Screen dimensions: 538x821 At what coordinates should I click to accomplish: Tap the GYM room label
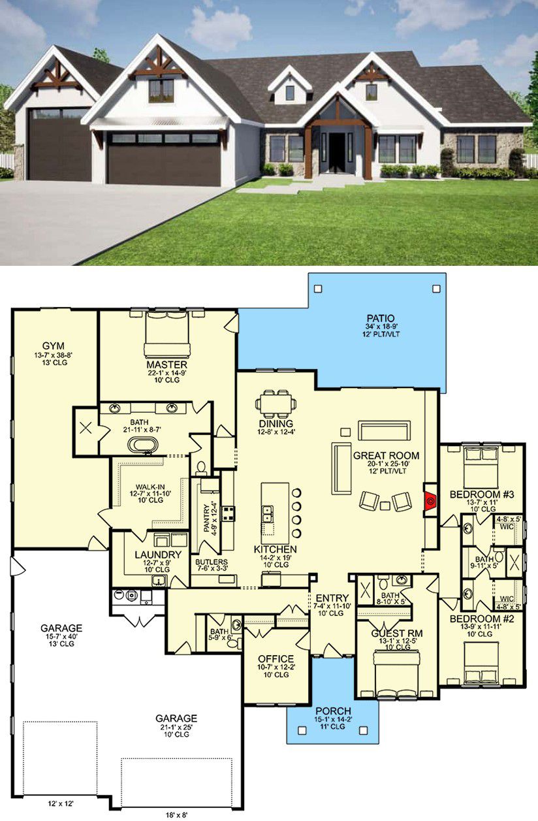pyautogui.click(x=54, y=346)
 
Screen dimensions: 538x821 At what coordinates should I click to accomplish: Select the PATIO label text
pyautogui.click(x=381, y=318)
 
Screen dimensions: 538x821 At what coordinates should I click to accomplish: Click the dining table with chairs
pyautogui.click(x=276, y=404)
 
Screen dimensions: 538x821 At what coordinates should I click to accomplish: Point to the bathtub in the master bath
pyautogui.click(x=143, y=445)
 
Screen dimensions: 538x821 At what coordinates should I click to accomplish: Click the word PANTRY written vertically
pyautogui.click(x=207, y=518)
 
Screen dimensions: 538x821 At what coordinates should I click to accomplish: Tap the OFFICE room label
pyautogui.click(x=276, y=658)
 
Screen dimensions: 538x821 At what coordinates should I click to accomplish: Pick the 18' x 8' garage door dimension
pyautogui.click(x=176, y=815)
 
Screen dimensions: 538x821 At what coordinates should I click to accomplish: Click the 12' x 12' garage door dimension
pyautogui.click(x=61, y=804)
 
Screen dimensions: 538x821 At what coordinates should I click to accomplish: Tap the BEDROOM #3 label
pyautogui.click(x=482, y=494)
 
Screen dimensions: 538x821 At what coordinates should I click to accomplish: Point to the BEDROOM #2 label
pyautogui.click(x=482, y=619)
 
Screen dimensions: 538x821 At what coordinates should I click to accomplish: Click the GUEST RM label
pyautogui.click(x=397, y=634)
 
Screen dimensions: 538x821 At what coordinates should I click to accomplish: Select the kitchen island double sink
pyautogui.click(x=268, y=513)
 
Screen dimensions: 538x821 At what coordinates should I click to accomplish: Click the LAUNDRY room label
pyautogui.click(x=158, y=555)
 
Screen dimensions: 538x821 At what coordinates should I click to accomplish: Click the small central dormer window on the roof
pyautogui.click(x=290, y=93)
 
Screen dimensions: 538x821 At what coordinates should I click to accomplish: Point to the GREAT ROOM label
pyautogui.click(x=386, y=456)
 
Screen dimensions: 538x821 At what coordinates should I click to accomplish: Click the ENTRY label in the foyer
pyautogui.click(x=332, y=598)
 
